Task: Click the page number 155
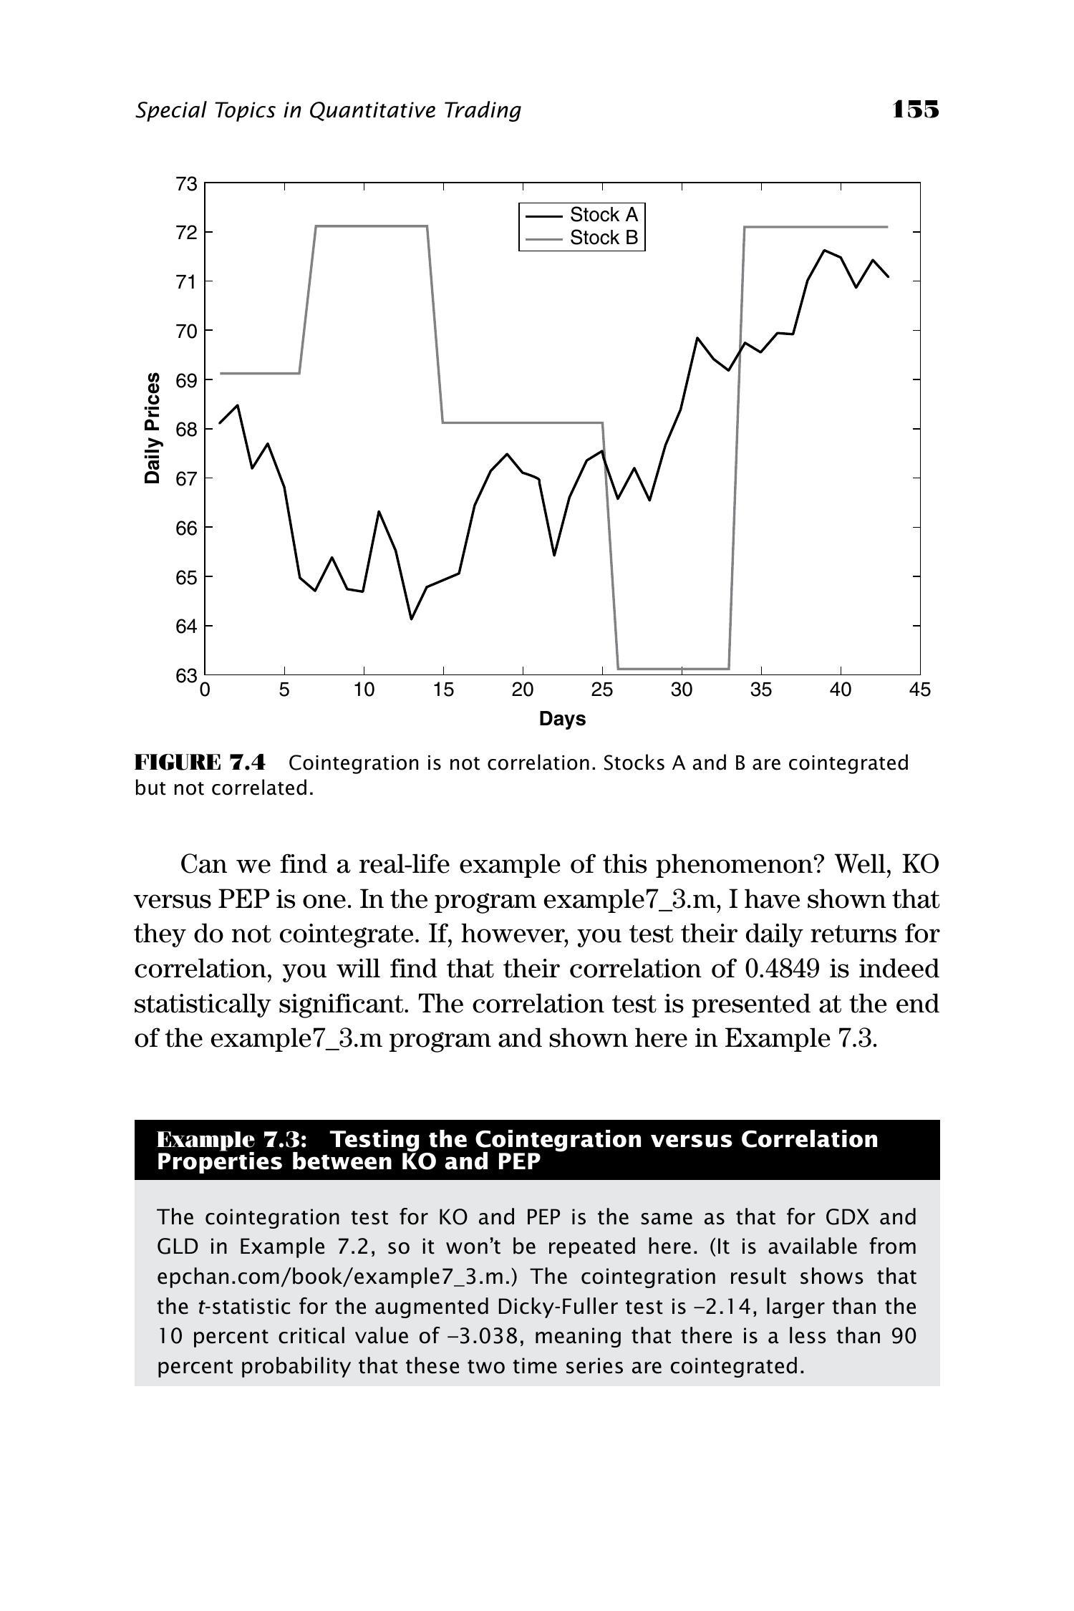[915, 110]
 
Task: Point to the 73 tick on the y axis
[186, 184]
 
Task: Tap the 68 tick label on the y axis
[186, 430]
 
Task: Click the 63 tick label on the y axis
[186, 675]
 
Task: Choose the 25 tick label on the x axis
[602, 690]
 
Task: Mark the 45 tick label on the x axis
[920, 690]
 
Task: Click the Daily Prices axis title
[153, 428]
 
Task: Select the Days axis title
[562, 719]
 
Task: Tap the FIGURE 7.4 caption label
[200, 762]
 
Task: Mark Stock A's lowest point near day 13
[412, 619]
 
